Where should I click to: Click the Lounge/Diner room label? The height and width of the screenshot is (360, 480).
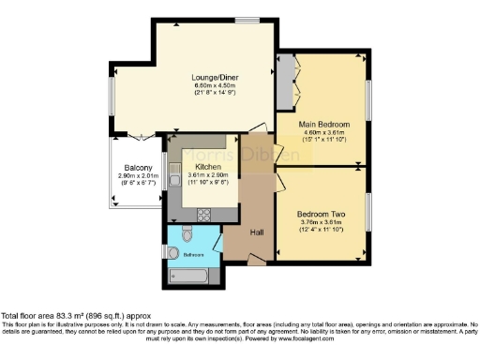[214, 76]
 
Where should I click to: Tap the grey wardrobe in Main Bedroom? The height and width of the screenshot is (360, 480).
[285, 85]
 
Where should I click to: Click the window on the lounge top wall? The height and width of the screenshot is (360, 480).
[247, 20]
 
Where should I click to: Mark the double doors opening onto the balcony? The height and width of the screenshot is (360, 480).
[140, 137]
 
